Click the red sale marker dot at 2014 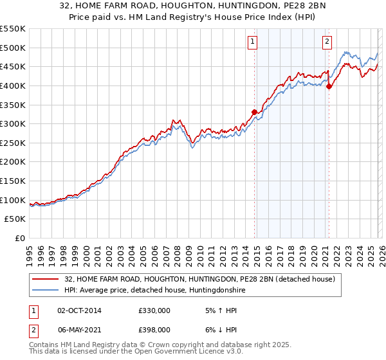point(254,112)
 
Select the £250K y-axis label point(13,143)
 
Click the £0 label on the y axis point(20,239)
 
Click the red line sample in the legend point(46,280)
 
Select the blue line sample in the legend point(46,291)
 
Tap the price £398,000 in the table point(154,329)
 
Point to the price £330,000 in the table point(154,310)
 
